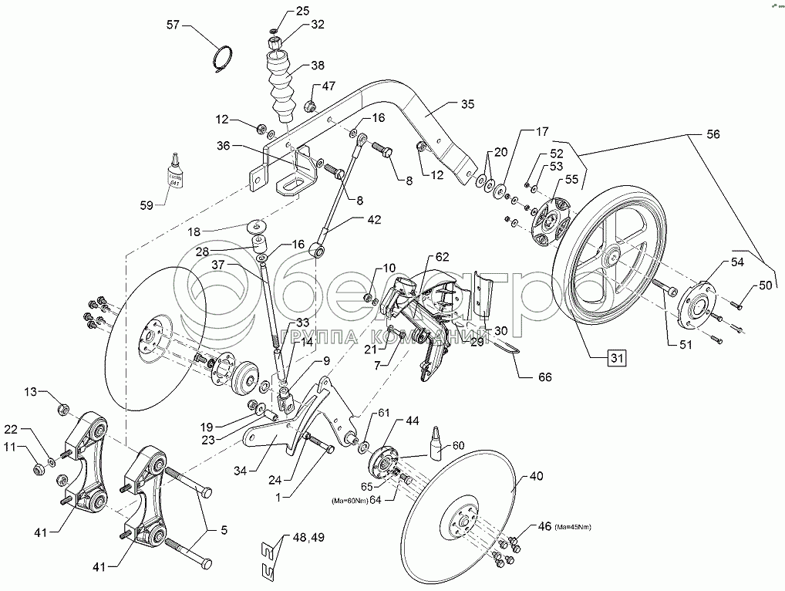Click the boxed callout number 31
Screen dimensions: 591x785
pyautogui.click(x=615, y=357)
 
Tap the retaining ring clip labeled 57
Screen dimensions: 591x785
pyautogui.click(x=222, y=61)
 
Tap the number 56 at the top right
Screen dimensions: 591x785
pyautogui.click(x=712, y=133)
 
